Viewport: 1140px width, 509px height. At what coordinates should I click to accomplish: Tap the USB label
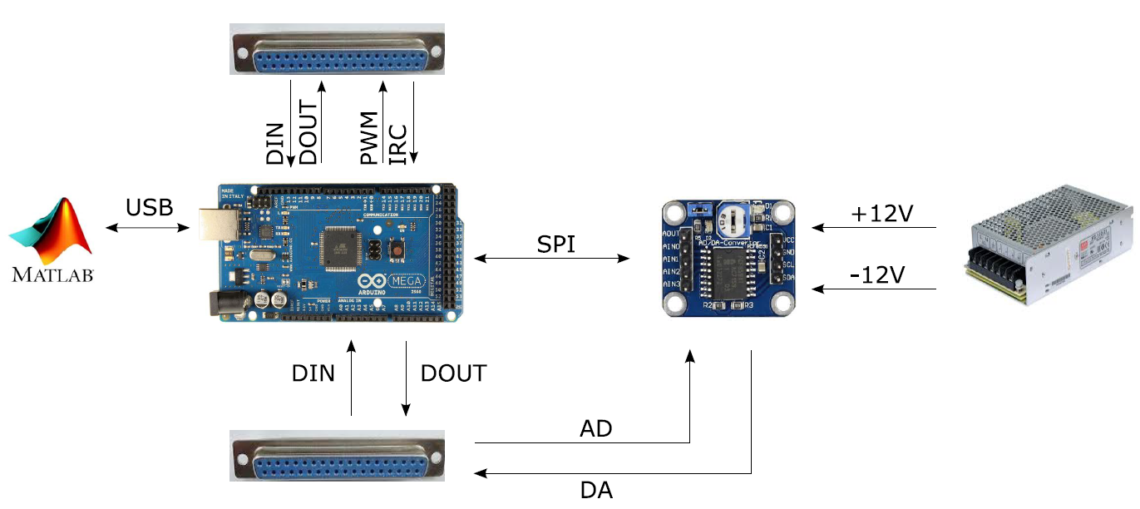[150, 207]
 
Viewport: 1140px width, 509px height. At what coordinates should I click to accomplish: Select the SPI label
[555, 244]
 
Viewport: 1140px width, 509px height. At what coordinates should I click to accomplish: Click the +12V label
[882, 214]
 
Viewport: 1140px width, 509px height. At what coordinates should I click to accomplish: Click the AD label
[595, 429]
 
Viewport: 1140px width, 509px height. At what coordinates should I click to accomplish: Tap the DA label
[595, 490]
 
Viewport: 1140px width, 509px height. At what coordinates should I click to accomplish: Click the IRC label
[398, 144]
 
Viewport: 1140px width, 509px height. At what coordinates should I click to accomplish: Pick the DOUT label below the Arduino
[453, 373]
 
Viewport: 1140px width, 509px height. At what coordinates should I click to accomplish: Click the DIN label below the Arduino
[313, 373]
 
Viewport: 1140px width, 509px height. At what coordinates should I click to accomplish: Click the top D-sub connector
[337, 51]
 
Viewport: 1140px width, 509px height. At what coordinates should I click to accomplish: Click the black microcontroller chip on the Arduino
[343, 248]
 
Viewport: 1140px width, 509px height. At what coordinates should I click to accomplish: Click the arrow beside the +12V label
[874, 228]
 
